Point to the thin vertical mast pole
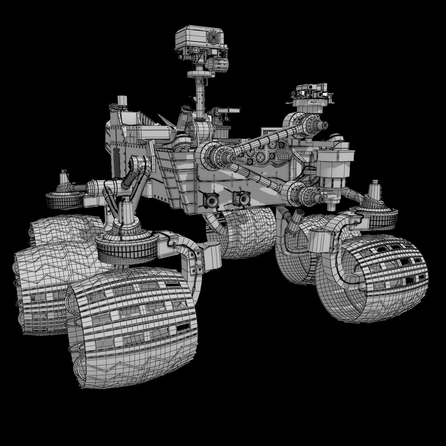coord(200,95)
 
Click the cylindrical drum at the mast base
coord(199,130)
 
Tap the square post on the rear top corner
coord(122,101)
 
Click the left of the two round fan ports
coord(211,201)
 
